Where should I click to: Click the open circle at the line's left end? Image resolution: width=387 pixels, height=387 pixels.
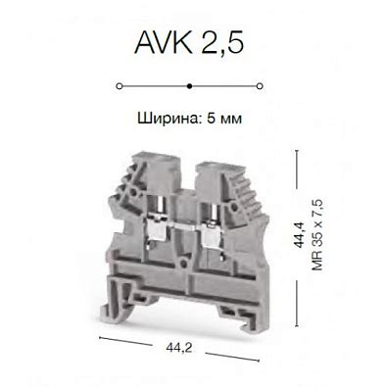pyautogui.click(x=119, y=85)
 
